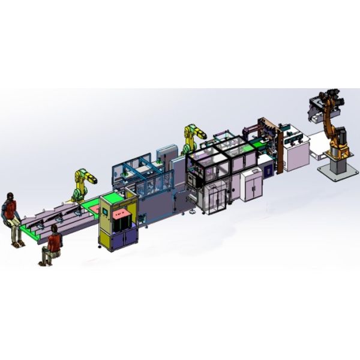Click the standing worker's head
[10, 197]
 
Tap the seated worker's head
[55, 229]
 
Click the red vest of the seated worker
[54, 241]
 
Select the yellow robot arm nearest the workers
[82, 183]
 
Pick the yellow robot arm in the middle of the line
[194, 136]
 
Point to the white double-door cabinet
[251, 185]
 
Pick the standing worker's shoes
[18, 245]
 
